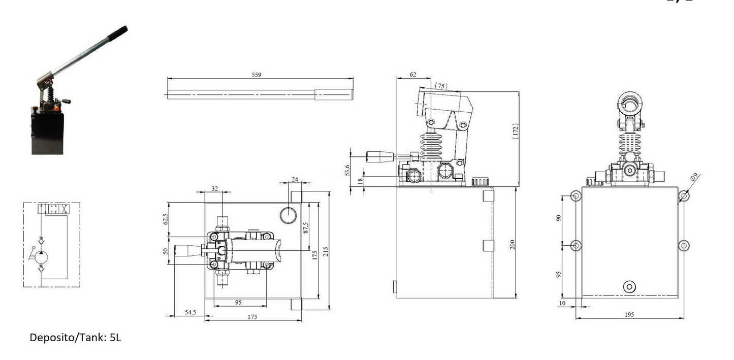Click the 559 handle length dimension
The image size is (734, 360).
point(256,75)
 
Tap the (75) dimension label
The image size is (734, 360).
point(441,86)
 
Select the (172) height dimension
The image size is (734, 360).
point(515,131)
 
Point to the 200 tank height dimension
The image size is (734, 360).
point(513,244)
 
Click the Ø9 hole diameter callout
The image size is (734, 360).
point(694,177)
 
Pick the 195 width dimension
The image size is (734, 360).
point(629,314)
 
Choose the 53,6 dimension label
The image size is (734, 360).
point(347,170)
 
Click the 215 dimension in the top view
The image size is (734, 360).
point(326,251)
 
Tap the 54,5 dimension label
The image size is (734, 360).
point(190,312)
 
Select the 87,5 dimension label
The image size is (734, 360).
point(306,227)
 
